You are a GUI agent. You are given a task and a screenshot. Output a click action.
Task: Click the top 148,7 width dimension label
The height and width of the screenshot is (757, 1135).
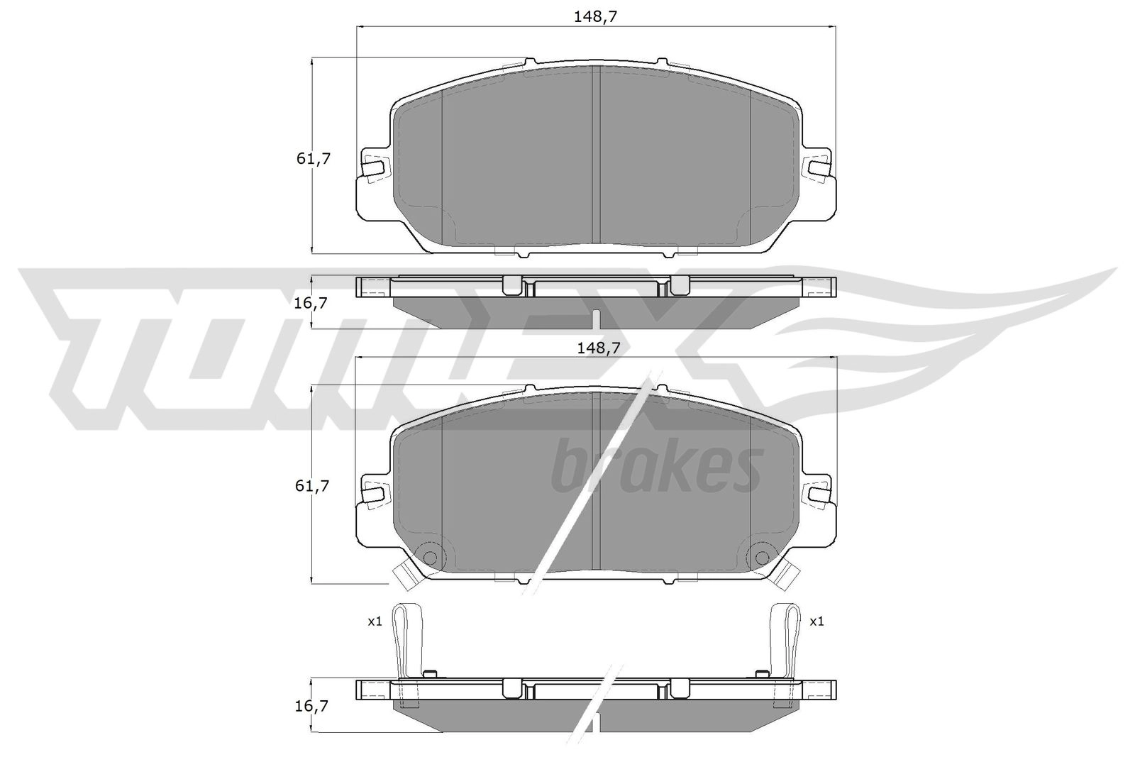[x=595, y=17]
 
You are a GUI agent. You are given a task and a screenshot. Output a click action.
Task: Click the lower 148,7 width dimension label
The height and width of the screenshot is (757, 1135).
[x=599, y=348]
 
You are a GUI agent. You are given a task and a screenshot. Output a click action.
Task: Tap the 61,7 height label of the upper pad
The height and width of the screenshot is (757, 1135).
[x=313, y=159]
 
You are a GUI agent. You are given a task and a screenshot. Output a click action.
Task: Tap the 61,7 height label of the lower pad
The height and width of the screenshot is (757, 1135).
[x=312, y=486]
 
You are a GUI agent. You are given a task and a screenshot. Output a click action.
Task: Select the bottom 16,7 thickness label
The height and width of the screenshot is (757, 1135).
[x=311, y=706]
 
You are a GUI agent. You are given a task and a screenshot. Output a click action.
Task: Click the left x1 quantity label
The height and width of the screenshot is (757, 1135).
[x=375, y=621]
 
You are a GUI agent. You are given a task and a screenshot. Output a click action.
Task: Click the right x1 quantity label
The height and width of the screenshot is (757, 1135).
[x=816, y=621]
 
